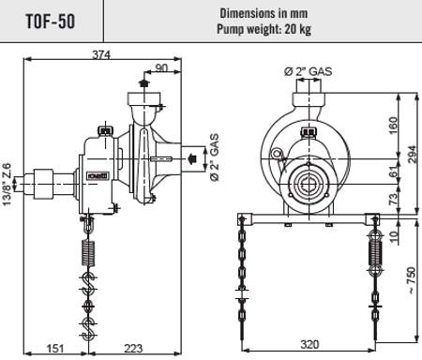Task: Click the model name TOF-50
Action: click(x=51, y=22)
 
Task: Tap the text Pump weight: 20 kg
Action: click(x=264, y=29)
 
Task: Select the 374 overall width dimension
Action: click(x=101, y=54)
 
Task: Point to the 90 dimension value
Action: click(x=161, y=67)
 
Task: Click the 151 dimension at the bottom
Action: click(x=55, y=348)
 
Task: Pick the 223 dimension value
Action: click(x=133, y=348)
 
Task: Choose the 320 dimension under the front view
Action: click(x=309, y=344)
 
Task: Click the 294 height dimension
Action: click(x=413, y=154)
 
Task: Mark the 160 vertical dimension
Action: click(x=393, y=126)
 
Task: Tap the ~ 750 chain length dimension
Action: click(x=412, y=280)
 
